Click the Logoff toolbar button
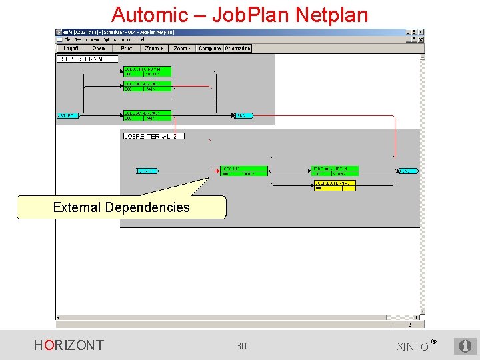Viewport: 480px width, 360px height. click(71, 49)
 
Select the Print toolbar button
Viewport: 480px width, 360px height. click(127, 49)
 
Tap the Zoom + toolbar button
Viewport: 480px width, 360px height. click(154, 49)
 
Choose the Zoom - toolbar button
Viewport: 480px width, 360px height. click(181, 49)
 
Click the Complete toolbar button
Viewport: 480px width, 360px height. click(209, 49)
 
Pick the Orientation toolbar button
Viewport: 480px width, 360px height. click(237, 49)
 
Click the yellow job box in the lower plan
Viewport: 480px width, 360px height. click(335, 185)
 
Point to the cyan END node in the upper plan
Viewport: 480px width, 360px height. click(243, 115)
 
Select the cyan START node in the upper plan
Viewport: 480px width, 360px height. click(67, 115)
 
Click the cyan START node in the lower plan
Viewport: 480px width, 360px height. click(147, 171)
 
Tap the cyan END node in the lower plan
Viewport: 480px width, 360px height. click(407, 171)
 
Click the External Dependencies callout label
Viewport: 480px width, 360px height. click(121, 207)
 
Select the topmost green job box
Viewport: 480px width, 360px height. click(147, 71)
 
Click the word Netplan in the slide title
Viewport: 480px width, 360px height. click(333, 14)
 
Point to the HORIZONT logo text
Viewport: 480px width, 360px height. click(69, 345)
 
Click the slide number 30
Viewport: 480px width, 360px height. click(241, 345)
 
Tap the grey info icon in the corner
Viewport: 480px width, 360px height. click(465, 346)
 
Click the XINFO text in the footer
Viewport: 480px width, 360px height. click(413, 347)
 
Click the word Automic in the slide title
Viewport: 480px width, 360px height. click(149, 14)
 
